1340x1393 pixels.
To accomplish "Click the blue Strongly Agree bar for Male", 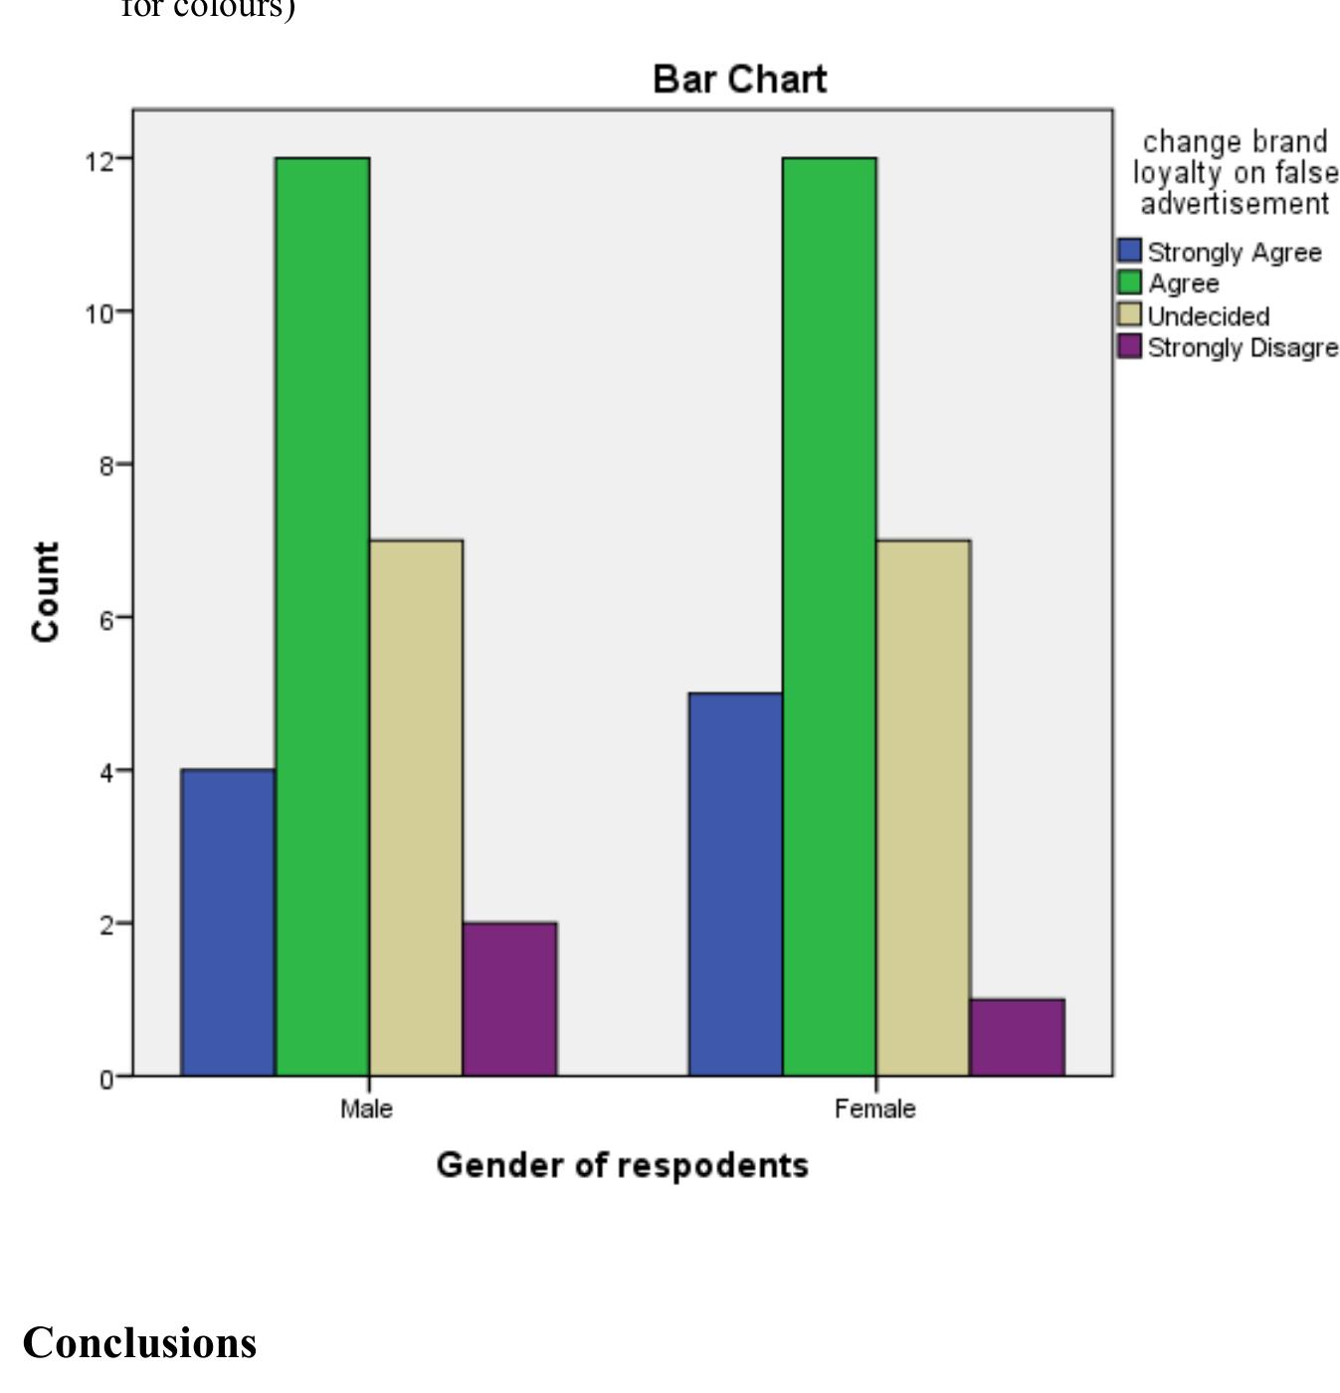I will tap(228, 922).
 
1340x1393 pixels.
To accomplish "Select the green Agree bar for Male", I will tap(322, 617).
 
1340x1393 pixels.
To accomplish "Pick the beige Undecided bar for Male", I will tap(416, 808).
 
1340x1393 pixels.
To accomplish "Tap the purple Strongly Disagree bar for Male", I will tap(510, 999).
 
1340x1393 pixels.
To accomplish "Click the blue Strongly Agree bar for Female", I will tap(735, 885).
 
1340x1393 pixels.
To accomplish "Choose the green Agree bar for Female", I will tap(830, 617).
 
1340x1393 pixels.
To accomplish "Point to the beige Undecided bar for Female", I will tap(923, 808).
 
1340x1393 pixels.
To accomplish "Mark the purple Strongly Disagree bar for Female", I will tap(1018, 1037).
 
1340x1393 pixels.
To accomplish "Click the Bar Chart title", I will tap(739, 80).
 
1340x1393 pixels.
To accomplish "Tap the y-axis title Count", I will tap(46, 592).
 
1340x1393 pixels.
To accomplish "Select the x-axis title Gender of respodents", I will tap(622, 1165).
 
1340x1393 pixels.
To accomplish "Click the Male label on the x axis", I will tap(366, 1108).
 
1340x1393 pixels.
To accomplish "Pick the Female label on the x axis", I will tap(874, 1108).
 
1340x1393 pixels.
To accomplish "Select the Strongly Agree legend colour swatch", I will tap(1129, 251).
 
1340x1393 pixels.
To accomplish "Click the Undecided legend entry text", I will tap(1208, 316).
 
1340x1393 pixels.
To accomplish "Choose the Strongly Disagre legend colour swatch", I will tap(1129, 347).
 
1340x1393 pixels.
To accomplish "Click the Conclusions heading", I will tap(139, 1342).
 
